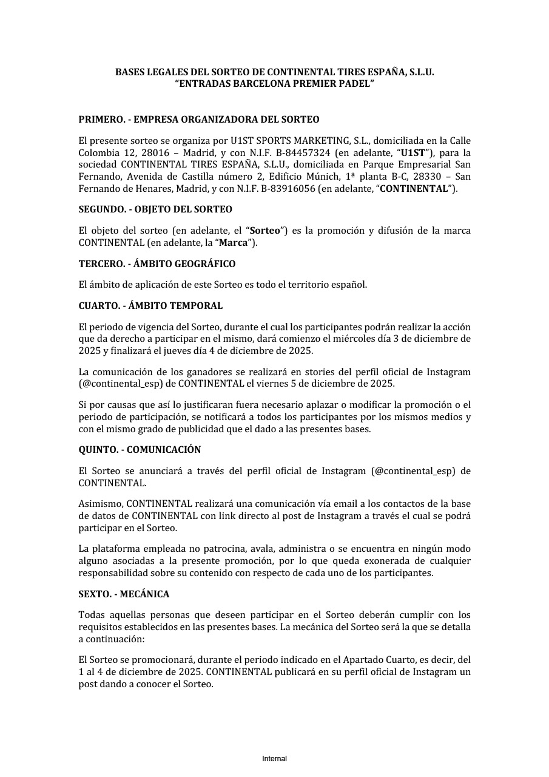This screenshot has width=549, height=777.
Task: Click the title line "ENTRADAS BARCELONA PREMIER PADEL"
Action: pyautogui.click(x=274, y=84)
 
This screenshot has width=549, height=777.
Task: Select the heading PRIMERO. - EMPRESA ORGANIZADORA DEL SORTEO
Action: pyautogui.click(x=199, y=120)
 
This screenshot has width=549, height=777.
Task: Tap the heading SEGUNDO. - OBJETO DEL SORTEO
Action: pyautogui.click(x=155, y=209)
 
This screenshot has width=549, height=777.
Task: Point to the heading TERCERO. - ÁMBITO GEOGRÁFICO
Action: pyautogui.click(x=157, y=264)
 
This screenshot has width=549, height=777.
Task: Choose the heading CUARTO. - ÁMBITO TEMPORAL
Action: pyautogui.click(x=150, y=306)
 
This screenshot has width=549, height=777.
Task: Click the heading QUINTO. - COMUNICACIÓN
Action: pyautogui.click(x=140, y=450)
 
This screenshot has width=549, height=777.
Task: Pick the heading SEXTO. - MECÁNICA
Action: pyautogui.click(x=124, y=594)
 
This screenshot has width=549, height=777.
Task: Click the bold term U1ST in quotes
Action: pyautogui.click(x=413, y=152)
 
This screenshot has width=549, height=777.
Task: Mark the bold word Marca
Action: pyautogui.click(x=234, y=243)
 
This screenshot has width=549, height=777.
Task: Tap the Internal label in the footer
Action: pyautogui.click(x=274, y=759)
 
